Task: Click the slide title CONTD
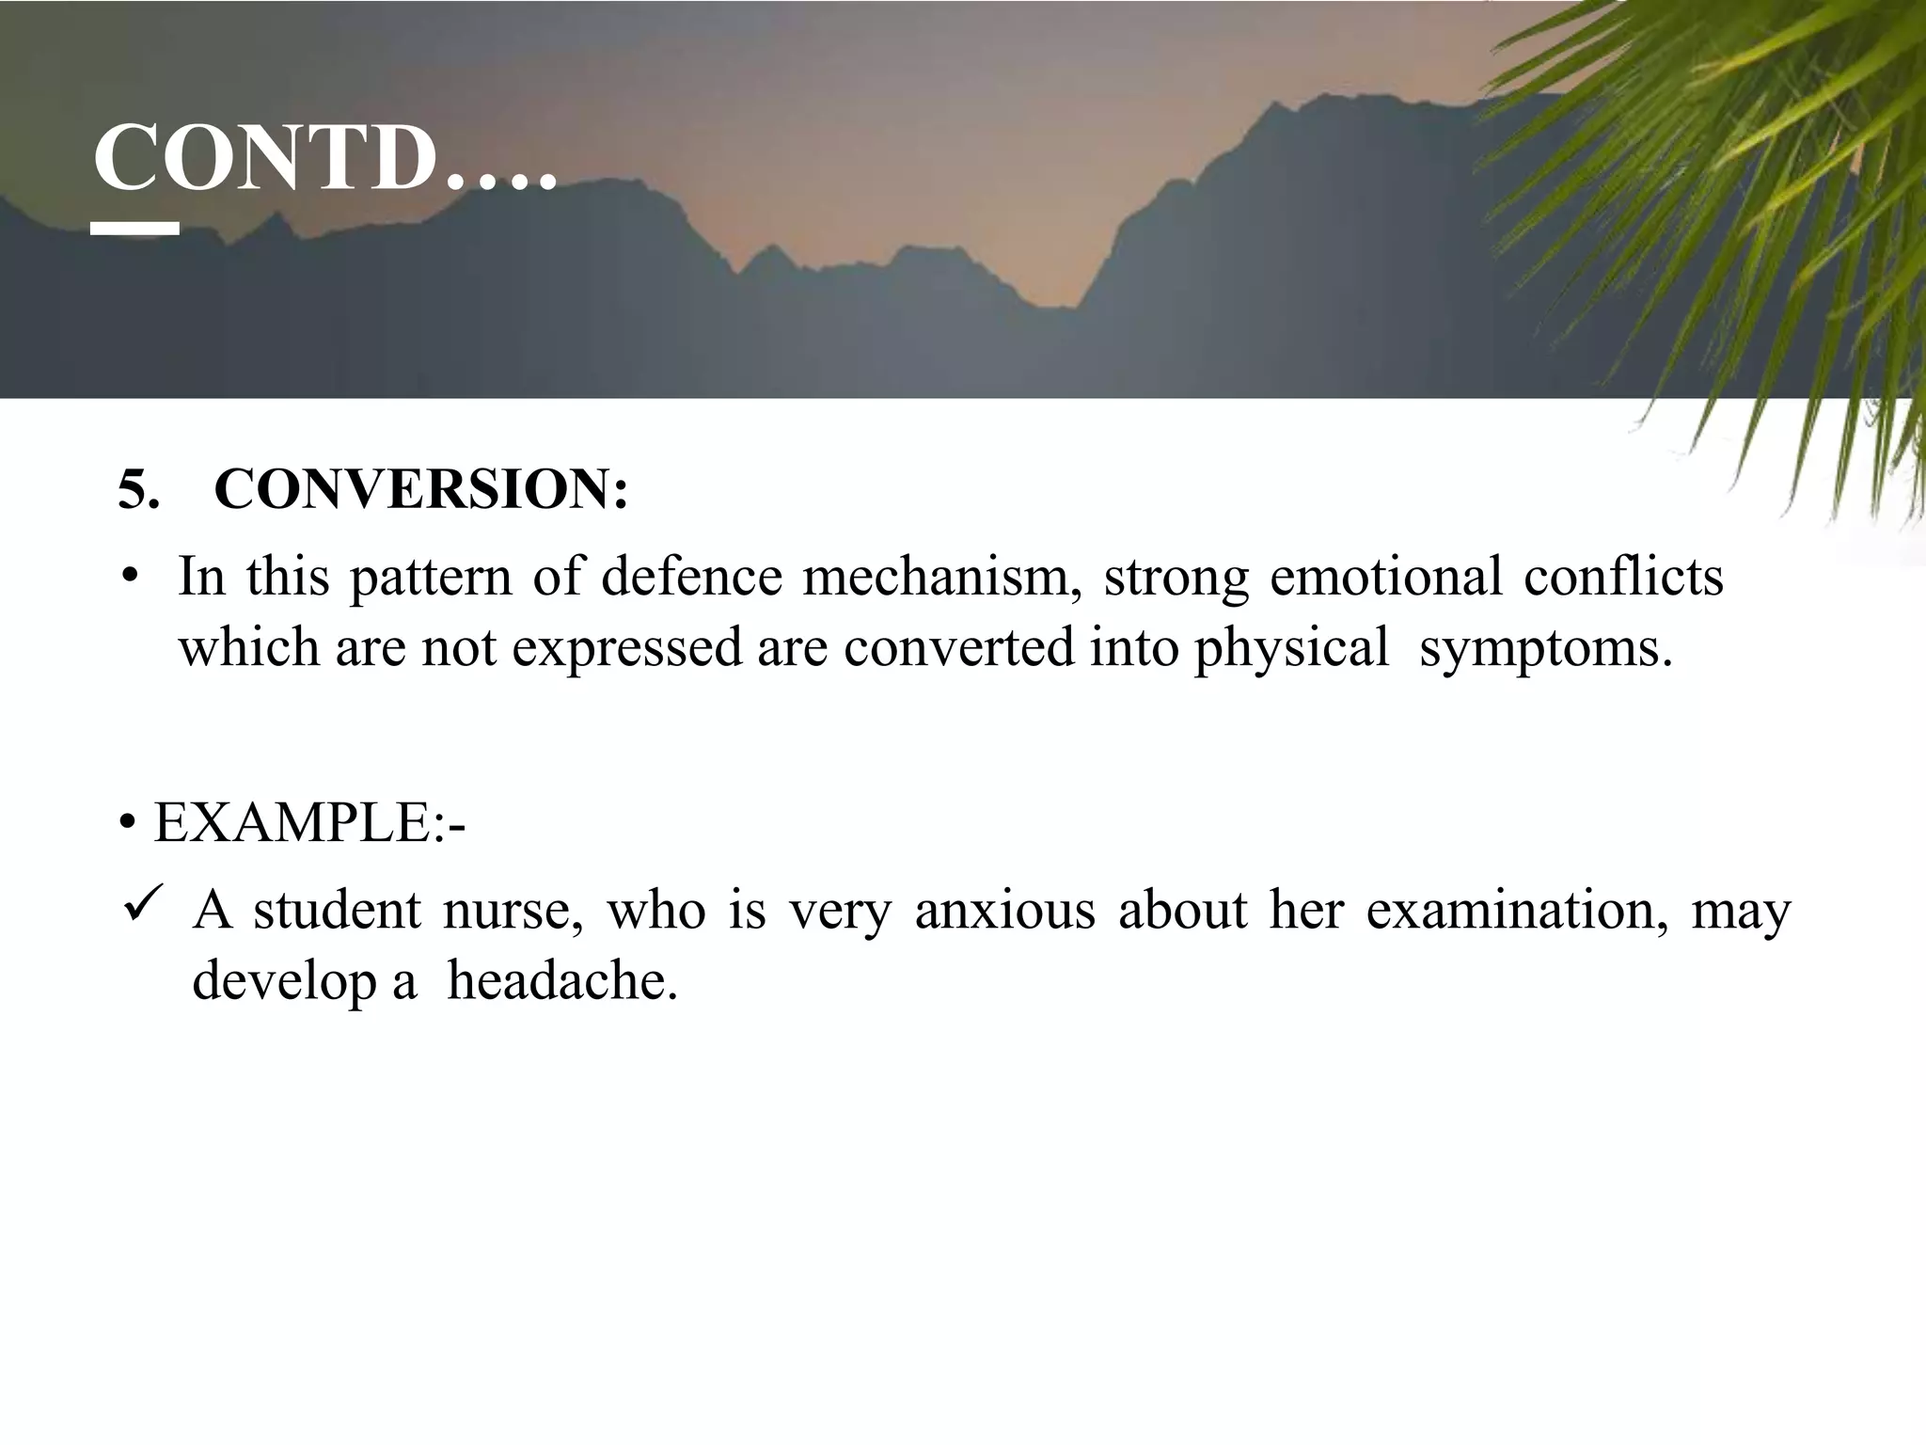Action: point(324,160)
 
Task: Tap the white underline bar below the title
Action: point(135,228)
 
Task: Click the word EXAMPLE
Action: point(292,823)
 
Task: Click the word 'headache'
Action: point(561,980)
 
